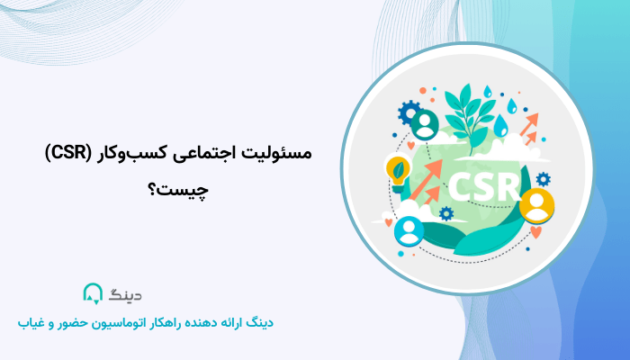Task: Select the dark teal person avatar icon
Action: [423, 122]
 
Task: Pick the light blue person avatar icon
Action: [409, 232]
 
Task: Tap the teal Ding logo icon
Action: [93, 293]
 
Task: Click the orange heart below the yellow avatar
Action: [537, 231]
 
